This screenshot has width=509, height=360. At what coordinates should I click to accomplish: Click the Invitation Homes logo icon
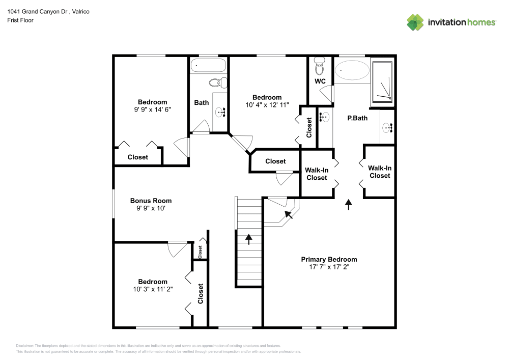pos(415,22)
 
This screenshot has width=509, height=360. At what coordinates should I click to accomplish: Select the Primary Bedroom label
pos(329,259)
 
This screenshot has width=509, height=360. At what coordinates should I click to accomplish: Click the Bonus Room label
pos(151,201)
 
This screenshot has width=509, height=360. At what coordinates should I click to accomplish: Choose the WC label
pos(320,81)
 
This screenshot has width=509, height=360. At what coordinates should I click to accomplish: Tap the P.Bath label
pos(357,118)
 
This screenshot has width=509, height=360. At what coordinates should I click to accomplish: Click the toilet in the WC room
pos(320,66)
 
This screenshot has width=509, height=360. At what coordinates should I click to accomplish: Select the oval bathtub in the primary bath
pos(353,70)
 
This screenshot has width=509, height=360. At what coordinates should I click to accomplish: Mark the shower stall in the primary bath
pos(383,81)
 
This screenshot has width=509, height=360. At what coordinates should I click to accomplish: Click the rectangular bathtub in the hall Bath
pos(208,66)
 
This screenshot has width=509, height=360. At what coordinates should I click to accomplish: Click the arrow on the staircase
pos(249,239)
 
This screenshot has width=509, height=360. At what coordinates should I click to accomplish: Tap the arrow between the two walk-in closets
pos(349,204)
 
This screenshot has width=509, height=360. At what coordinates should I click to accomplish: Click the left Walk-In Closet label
pos(316,174)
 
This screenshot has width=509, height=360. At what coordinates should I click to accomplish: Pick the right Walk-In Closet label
pos(380,172)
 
